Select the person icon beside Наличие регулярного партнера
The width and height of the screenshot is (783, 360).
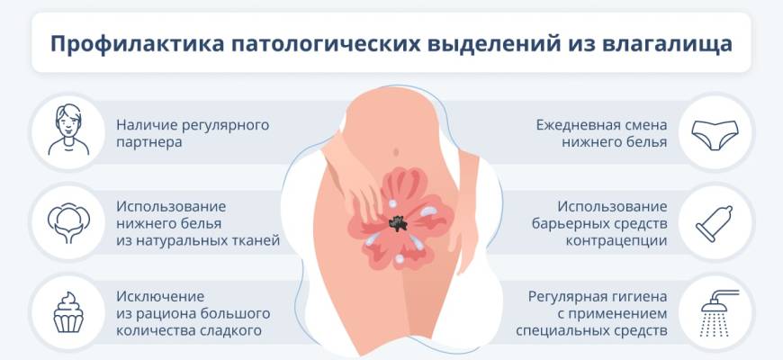[x=68, y=130]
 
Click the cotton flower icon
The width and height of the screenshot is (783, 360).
[x=68, y=222]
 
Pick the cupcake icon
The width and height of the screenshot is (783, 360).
[x=68, y=312]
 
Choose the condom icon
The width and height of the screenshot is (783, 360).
[x=714, y=224]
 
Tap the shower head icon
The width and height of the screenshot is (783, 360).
[x=719, y=312]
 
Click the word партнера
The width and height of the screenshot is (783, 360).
[x=148, y=142]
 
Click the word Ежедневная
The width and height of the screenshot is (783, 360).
[x=580, y=125]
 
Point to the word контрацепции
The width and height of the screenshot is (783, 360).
[x=616, y=241]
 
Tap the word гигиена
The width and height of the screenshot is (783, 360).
[x=642, y=297]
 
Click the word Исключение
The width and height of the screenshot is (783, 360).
[x=160, y=297]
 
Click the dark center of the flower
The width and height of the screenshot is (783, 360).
[x=398, y=222]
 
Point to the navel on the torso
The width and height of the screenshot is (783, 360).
[x=396, y=151]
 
